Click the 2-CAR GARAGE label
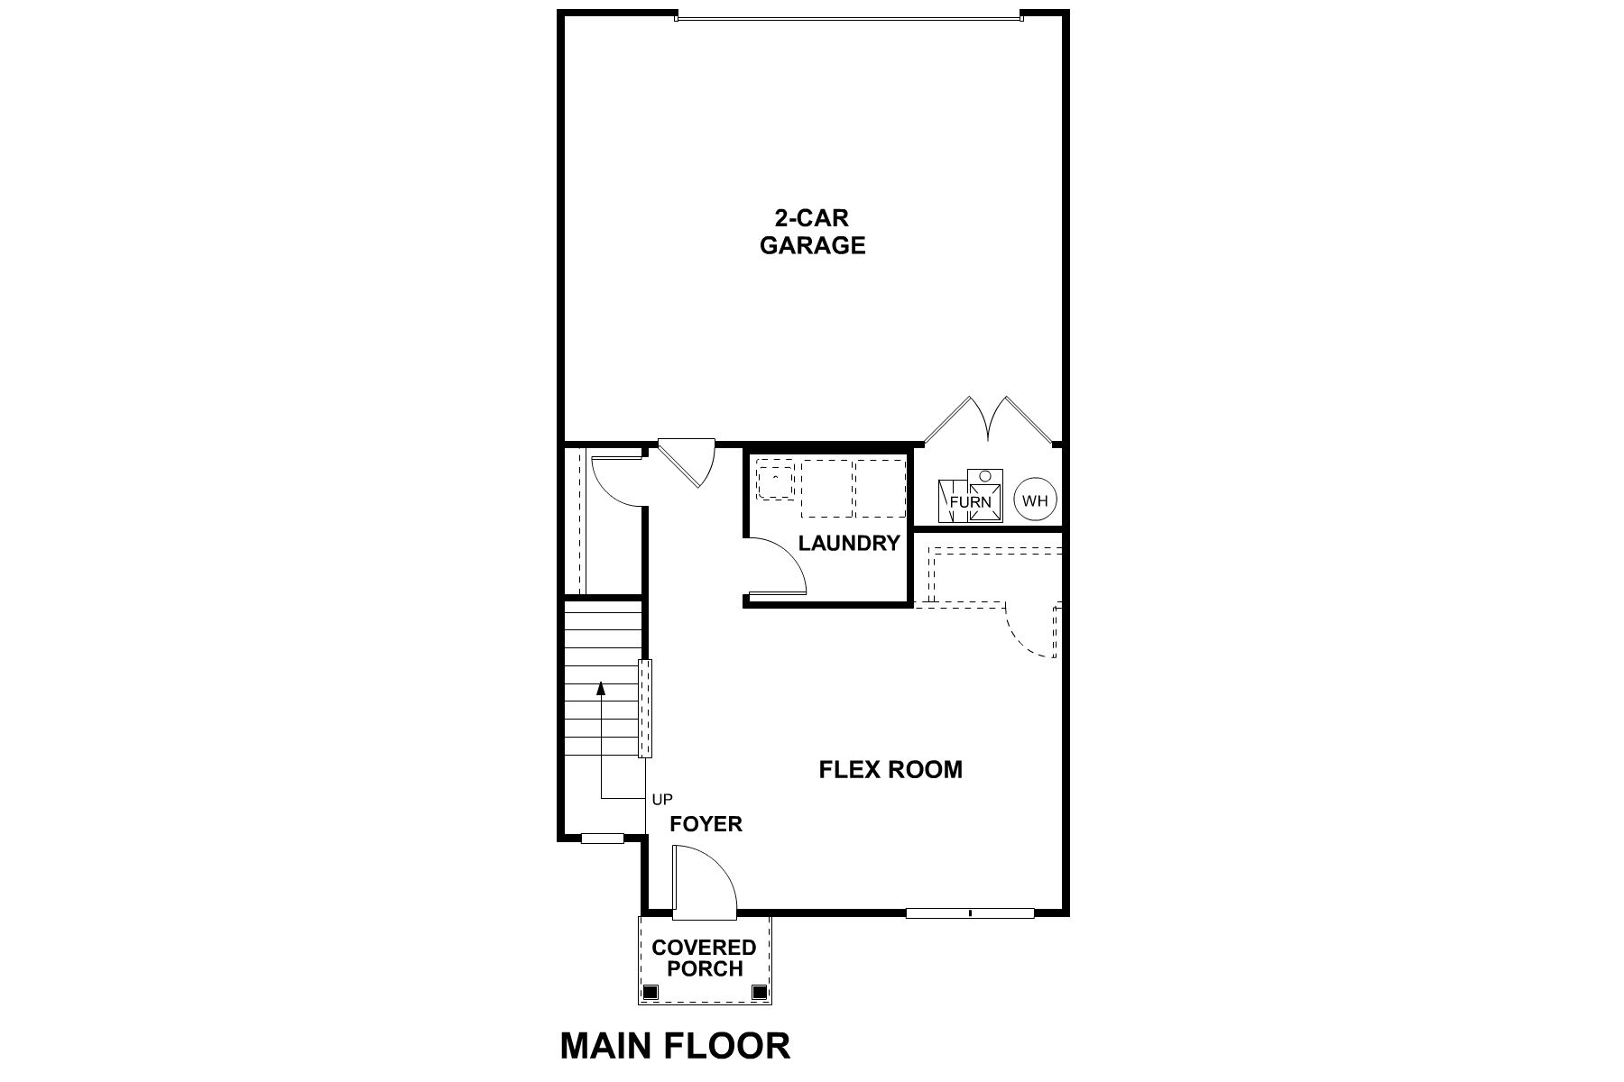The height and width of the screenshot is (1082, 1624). pyautogui.click(x=812, y=232)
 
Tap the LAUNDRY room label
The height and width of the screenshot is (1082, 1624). pyautogui.click(x=849, y=543)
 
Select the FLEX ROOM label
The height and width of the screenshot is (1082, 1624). pyautogui.click(x=890, y=769)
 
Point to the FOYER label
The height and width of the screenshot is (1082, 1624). pyautogui.click(x=706, y=823)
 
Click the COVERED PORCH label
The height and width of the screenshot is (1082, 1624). pyautogui.click(x=704, y=958)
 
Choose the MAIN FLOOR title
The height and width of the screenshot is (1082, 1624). pyautogui.click(x=675, y=1046)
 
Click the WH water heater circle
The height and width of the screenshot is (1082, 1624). pyautogui.click(x=1035, y=500)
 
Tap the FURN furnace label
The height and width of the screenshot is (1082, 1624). pyautogui.click(x=970, y=502)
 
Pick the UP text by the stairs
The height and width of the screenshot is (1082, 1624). pyautogui.click(x=662, y=799)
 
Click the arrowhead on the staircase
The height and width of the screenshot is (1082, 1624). pyautogui.click(x=600, y=688)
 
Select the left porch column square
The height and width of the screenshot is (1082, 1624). pyautogui.click(x=650, y=993)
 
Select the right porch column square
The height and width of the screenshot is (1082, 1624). pyautogui.click(x=759, y=993)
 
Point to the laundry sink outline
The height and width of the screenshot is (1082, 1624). pyautogui.click(x=775, y=480)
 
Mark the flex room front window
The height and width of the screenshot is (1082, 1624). pyautogui.click(x=970, y=913)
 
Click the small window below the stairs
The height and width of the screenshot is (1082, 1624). pyautogui.click(x=602, y=839)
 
